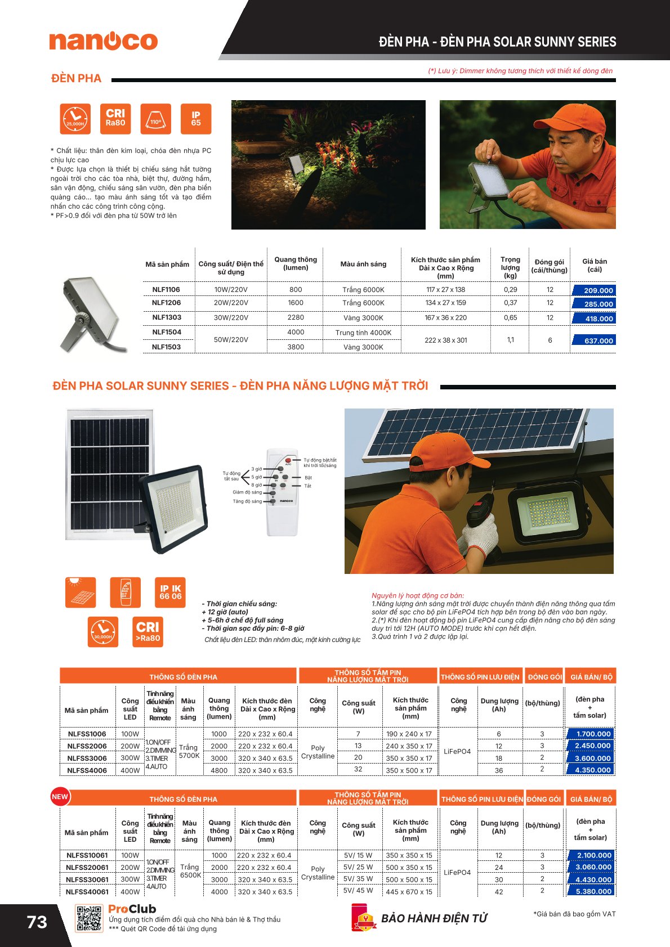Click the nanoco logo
click(103, 41)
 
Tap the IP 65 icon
click(196, 119)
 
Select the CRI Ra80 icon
click(115, 119)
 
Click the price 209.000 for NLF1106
click(594, 291)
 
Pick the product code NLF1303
click(166, 318)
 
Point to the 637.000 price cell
click(594, 340)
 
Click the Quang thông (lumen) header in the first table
click(296, 263)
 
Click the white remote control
click(282, 492)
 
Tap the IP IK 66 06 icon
click(170, 593)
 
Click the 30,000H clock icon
click(103, 632)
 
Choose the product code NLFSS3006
click(87, 758)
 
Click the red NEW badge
click(60, 797)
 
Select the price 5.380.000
click(592, 891)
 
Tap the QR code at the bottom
click(89, 918)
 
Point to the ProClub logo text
click(132, 909)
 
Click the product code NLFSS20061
click(87, 868)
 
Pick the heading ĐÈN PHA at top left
click(76, 79)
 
